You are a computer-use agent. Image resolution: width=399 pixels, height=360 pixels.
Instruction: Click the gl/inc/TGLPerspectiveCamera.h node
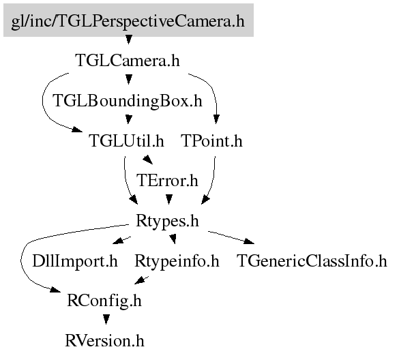pos(128,20)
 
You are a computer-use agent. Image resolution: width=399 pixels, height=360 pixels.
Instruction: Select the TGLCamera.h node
pos(128,61)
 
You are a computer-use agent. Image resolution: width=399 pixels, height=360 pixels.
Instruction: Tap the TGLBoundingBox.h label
pos(128,100)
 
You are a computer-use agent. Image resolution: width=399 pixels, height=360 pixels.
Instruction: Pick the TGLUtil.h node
pos(126,140)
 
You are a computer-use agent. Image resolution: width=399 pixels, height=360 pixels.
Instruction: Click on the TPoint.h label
pos(212,140)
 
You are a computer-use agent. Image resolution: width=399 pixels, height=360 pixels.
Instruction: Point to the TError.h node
pos(167,181)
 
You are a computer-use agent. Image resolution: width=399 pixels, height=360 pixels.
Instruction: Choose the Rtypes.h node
pos(167,220)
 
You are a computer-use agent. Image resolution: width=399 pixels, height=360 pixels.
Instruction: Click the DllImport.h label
pos(75,260)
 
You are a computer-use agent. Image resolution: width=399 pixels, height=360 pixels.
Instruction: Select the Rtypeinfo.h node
pos(177,260)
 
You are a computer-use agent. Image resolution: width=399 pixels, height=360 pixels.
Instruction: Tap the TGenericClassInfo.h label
pos(312,260)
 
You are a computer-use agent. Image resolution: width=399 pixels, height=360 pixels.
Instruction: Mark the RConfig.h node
pos(104,301)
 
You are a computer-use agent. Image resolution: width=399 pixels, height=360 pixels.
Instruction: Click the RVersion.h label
pos(104,341)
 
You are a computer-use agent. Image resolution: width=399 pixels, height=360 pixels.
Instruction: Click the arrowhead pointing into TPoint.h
pos(216,119)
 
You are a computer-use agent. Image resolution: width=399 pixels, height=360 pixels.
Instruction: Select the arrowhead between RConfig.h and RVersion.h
pos(106,319)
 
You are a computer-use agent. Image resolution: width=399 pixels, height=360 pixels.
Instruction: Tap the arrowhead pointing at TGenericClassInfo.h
pos(249,241)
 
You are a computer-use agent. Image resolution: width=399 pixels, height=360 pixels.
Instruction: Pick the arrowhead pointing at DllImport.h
pos(117,241)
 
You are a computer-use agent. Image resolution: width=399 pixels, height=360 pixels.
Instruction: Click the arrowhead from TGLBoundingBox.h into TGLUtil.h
pos(129,119)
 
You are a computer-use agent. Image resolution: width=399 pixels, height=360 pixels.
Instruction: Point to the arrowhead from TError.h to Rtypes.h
pos(169,199)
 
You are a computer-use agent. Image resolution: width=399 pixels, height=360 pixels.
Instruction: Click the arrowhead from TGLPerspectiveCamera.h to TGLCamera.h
pos(129,40)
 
